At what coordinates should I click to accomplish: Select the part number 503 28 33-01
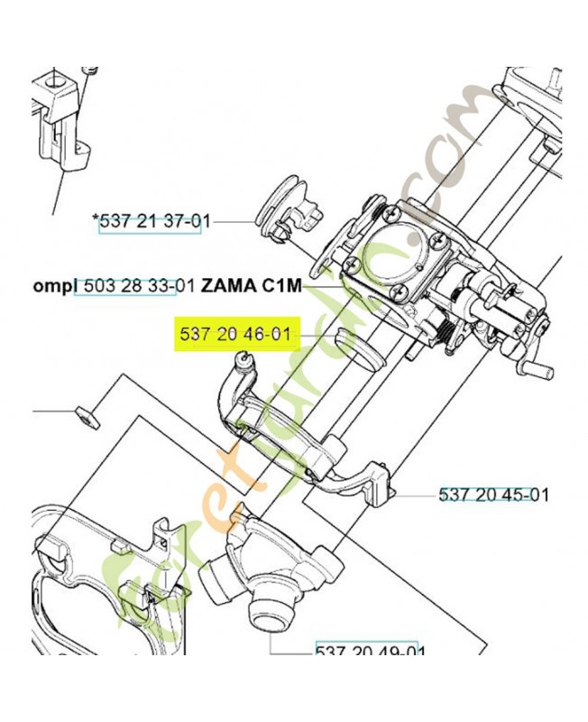click(x=139, y=287)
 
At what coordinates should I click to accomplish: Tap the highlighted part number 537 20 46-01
click(x=235, y=337)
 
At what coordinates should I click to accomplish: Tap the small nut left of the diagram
click(x=87, y=417)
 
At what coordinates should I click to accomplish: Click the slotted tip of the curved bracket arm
click(x=243, y=360)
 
